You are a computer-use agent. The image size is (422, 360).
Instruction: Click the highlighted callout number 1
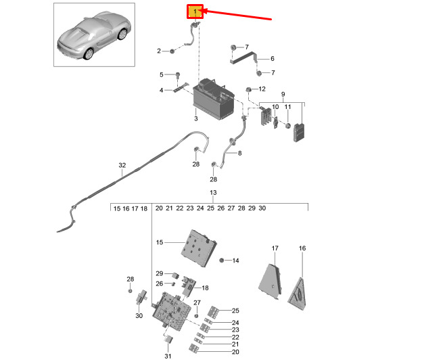click(x=195, y=12)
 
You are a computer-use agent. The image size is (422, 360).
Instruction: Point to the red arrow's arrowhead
click(x=204, y=11)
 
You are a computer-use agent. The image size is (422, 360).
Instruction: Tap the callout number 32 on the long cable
click(x=122, y=165)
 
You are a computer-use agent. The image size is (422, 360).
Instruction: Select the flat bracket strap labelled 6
click(x=243, y=58)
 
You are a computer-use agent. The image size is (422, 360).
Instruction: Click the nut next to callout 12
click(x=248, y=89)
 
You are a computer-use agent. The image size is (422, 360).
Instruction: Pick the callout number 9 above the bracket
click(x=283, y=94)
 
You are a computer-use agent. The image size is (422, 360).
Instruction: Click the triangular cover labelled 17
click(x=270, y=282)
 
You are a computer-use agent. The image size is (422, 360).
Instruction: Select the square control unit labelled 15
click(x=199, y=248)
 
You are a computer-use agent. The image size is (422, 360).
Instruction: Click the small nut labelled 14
click(x=222, y=261)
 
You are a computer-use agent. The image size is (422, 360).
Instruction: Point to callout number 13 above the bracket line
click(x=213, y=193)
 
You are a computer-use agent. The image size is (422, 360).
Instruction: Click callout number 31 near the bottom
click(x=168, y=356)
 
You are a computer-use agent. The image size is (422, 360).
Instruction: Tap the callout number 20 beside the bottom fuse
click(x=235, y=352)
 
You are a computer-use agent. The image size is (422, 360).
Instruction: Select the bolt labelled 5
click(x=178, y=75)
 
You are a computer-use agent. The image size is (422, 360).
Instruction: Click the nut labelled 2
click(x=172, y=51)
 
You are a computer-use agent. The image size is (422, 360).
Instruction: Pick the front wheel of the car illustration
click(x=89, y=54)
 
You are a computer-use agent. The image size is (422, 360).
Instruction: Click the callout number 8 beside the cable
click(x=240, y=153)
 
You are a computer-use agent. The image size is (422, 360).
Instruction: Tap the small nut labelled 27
click(x=197, y=315)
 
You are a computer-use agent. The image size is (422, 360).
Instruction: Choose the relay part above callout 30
click(x=142, y=297)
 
